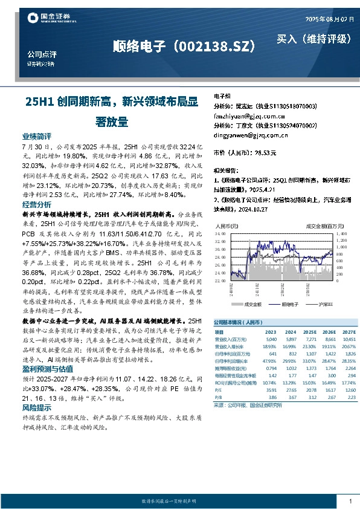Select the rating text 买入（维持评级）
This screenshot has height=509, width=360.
tap(314, 39)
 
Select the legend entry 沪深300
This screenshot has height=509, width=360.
tap(319, 304)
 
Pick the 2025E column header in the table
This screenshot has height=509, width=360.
tap(310, 332)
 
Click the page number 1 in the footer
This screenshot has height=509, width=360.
tap(350, 501)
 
